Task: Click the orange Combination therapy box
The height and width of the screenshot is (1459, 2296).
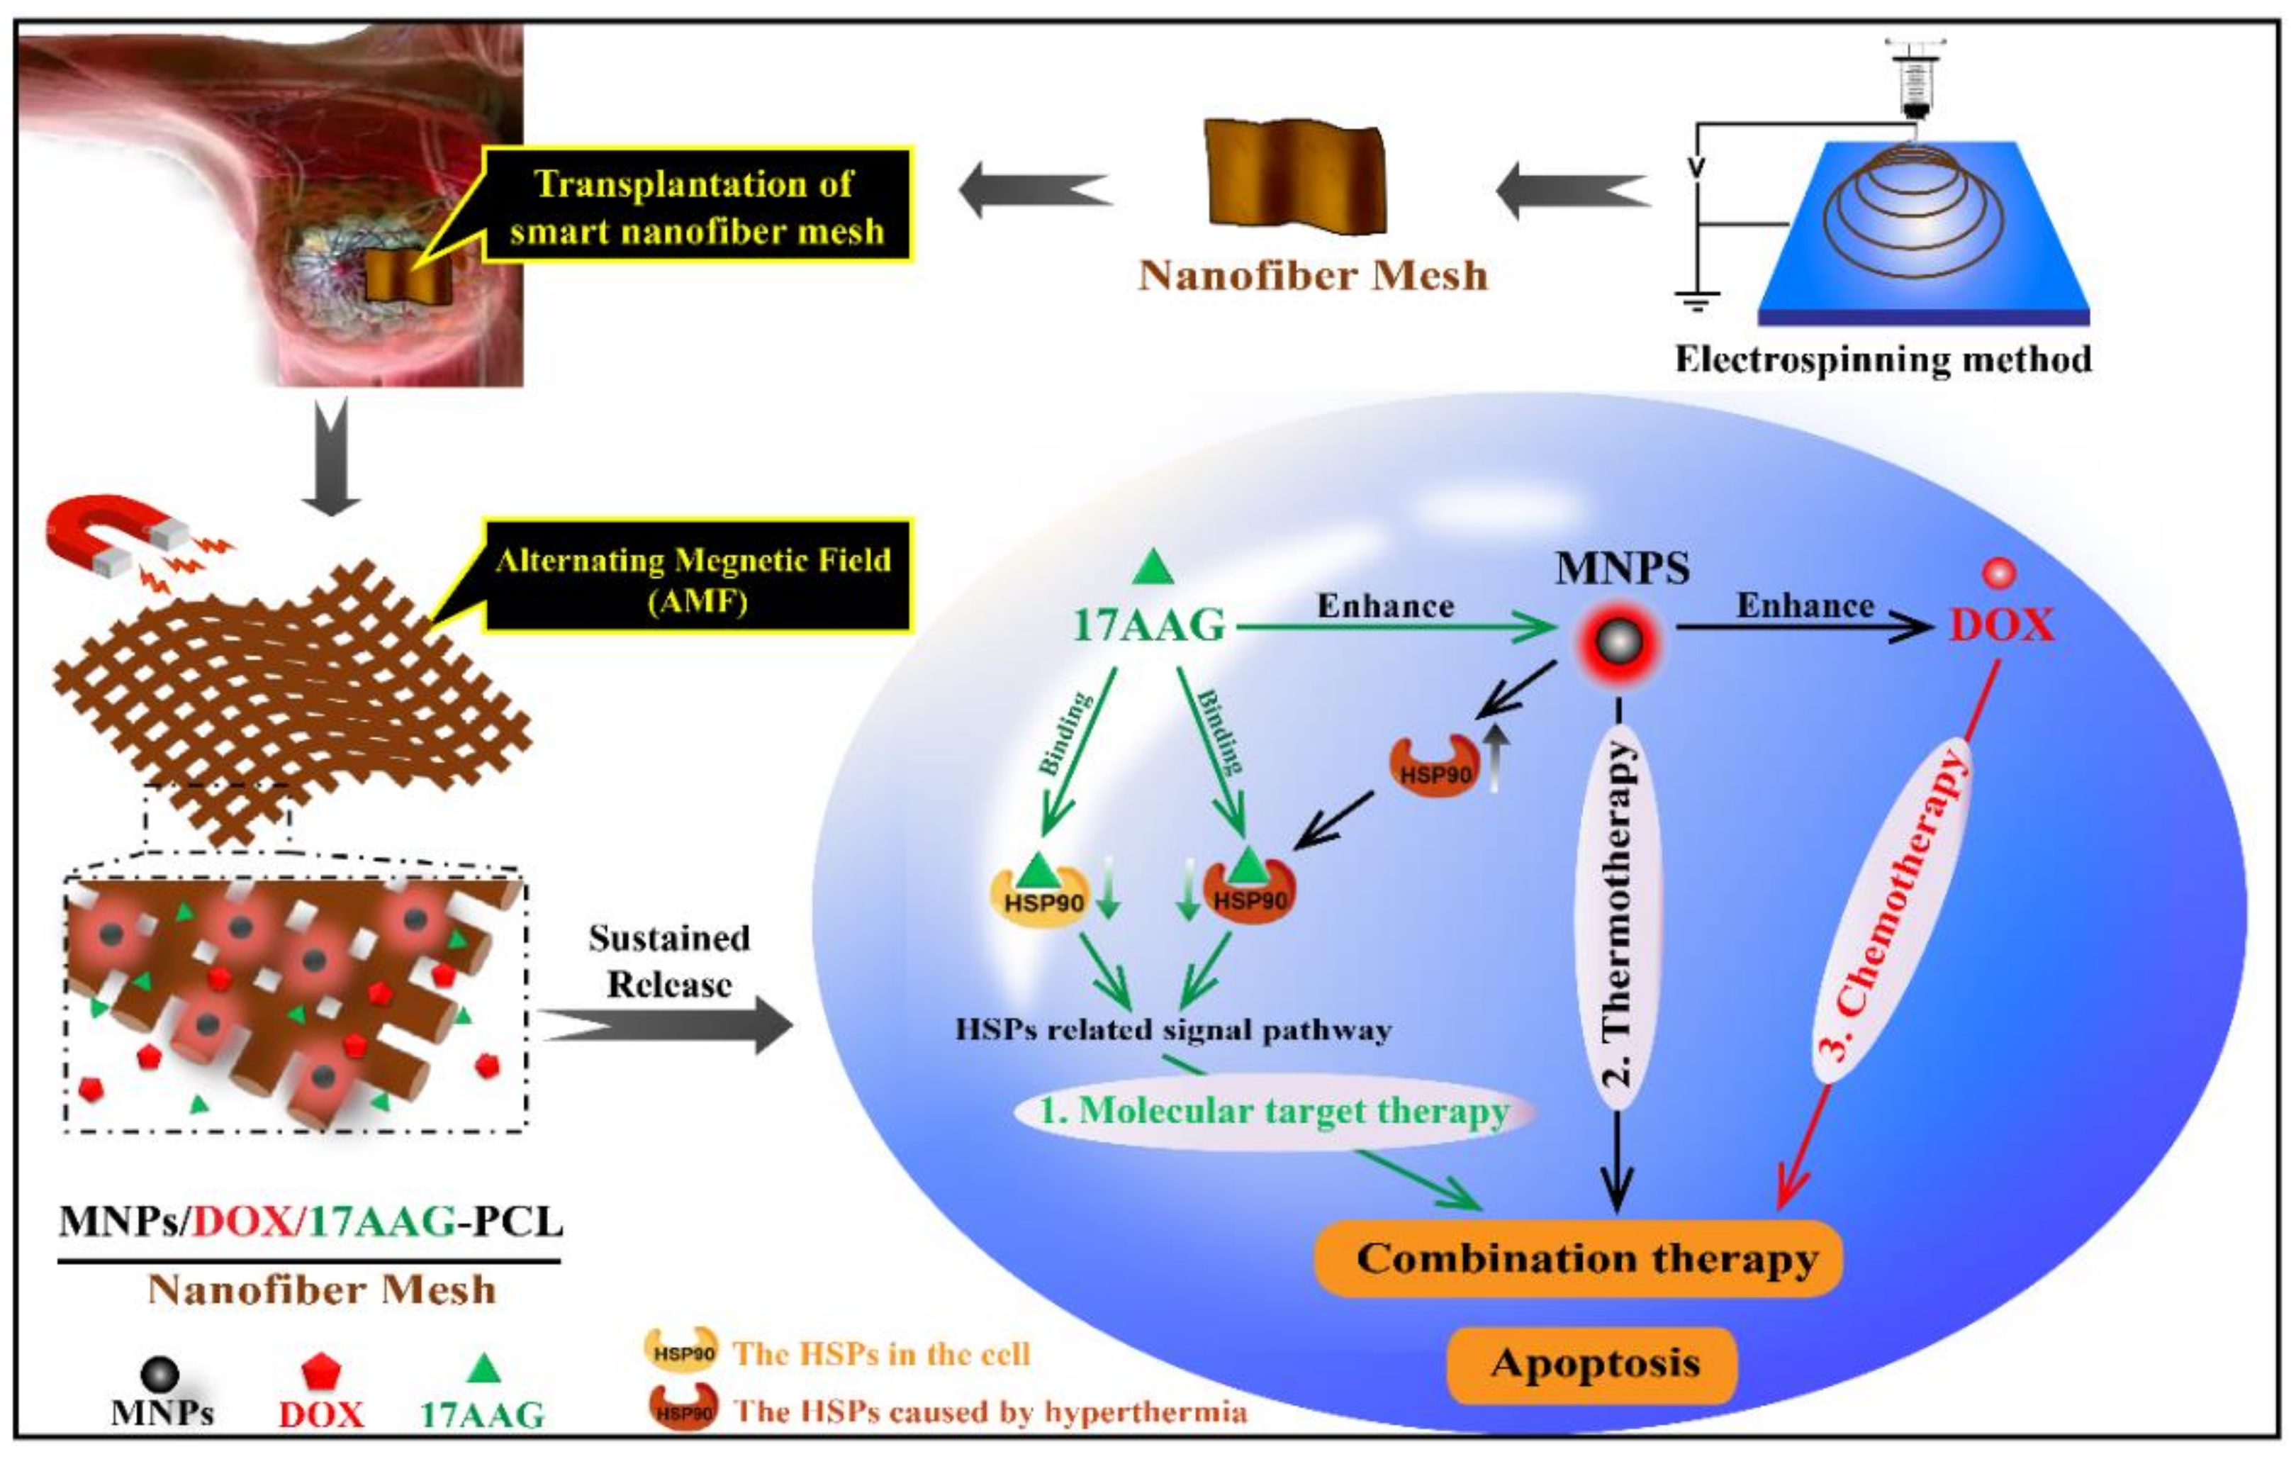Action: click(x=1578, y=1259)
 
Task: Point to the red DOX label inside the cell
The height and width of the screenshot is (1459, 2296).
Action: click(x=2000, y=625)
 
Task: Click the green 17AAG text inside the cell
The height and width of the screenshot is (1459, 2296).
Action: click(x=1148, y=625)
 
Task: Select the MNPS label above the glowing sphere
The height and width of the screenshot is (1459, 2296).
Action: click(x=1622, y=569)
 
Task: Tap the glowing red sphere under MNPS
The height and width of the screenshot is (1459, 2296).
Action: click(x=1619, y=644)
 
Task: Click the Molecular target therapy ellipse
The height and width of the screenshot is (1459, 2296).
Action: click(x=1273, y=1111)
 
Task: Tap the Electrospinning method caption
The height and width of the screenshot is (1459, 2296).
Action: click(x=1883, y=359)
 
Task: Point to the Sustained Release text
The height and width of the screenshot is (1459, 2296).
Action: click(x=668, y=961)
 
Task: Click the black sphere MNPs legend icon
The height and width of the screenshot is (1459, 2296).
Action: click(x=159, y=1374)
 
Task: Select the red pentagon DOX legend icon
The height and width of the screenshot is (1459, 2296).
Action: click(x=321, y=1373)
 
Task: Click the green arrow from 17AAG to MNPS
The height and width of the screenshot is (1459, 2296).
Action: click(x=1392, y=627)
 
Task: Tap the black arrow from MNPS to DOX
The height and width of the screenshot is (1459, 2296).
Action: click(x=1802, y=627)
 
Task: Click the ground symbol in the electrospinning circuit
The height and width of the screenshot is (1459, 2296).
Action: click(x=1697, y=301)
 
